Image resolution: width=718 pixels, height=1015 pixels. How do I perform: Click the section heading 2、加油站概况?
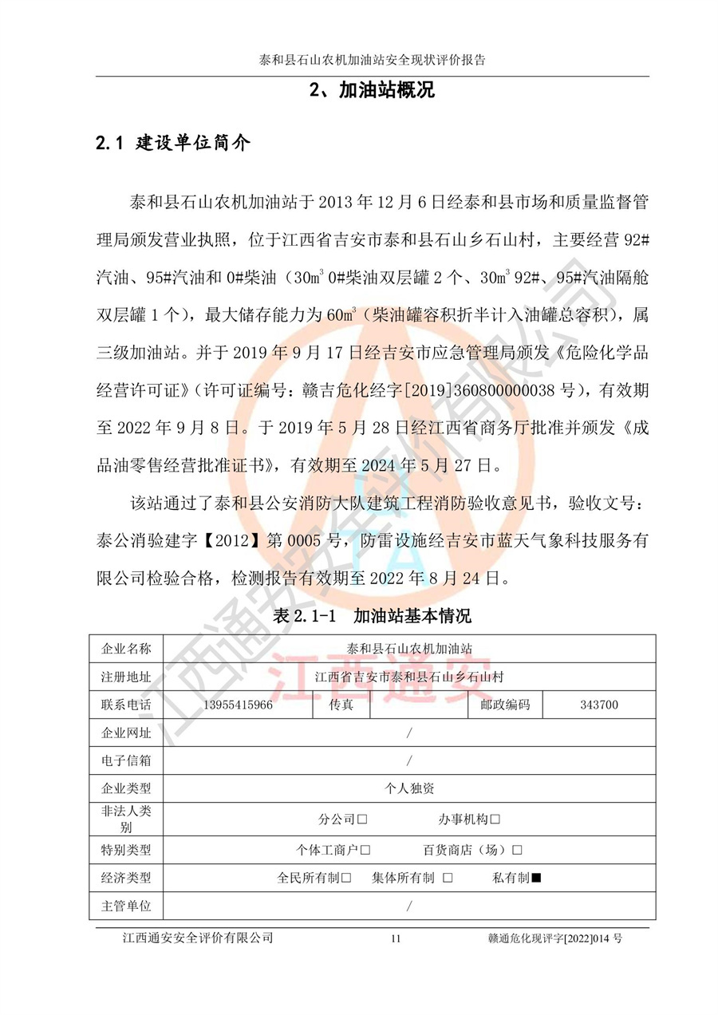[x=372, y=90]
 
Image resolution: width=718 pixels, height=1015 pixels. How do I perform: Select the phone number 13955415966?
[x=239, y=705]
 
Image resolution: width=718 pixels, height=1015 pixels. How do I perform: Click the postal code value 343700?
[x=598, y=705]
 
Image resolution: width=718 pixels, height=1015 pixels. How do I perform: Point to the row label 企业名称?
[x=126, y=647]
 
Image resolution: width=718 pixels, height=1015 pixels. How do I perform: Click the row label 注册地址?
[x=126, y=677]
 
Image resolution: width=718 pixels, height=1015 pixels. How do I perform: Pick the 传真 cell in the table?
[x=341, y=705]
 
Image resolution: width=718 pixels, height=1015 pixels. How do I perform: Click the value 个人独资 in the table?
[x=409, y=788]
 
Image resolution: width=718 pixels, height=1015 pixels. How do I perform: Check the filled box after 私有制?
[x=536, y=878]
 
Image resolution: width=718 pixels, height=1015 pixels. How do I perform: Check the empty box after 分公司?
[x=362, y=819]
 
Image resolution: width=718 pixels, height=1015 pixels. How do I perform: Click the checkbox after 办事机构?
[x=495, y=819]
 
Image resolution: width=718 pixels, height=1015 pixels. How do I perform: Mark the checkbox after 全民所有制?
[x=346, y=878]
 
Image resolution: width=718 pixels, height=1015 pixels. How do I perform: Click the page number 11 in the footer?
[x=396, y=939]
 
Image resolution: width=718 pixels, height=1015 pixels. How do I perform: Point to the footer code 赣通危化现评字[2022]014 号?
[x=555, y=938]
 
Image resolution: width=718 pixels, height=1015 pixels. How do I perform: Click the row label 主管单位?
[x=126, y=906]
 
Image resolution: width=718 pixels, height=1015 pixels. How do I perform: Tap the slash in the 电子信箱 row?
[x=409, y=760]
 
